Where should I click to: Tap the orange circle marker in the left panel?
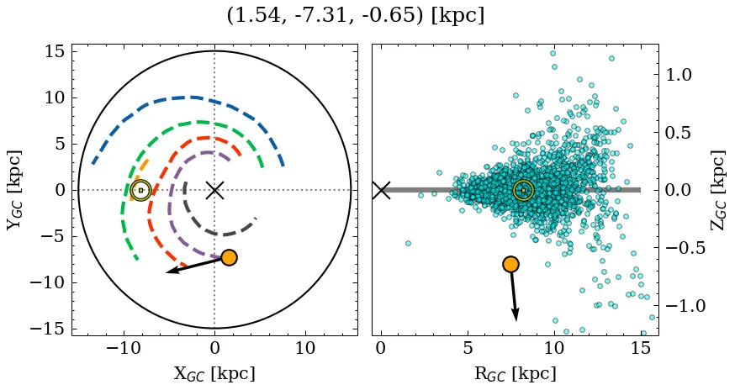pyautogui.click(x=229, y=257)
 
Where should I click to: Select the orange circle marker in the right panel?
pyautogui.click(x=510, y=264)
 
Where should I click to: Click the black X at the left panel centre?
pyautogui.click(x=214, y=190)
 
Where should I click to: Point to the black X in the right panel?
pyautogui.click(x=381, y=190)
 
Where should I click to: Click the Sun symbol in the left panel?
pyautogui.click(x=140, y=190)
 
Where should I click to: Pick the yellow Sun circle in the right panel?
pyautogui.click(x=523, y=191)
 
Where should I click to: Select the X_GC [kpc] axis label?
pyautogui.click(x=214, y=373)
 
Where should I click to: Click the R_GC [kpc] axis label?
pyautogui.click(x=516, y=373)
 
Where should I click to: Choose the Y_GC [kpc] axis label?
pyautogui.click(x=14, y=190)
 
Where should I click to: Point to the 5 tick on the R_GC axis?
pyautogui.click(x=467, y=348)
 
